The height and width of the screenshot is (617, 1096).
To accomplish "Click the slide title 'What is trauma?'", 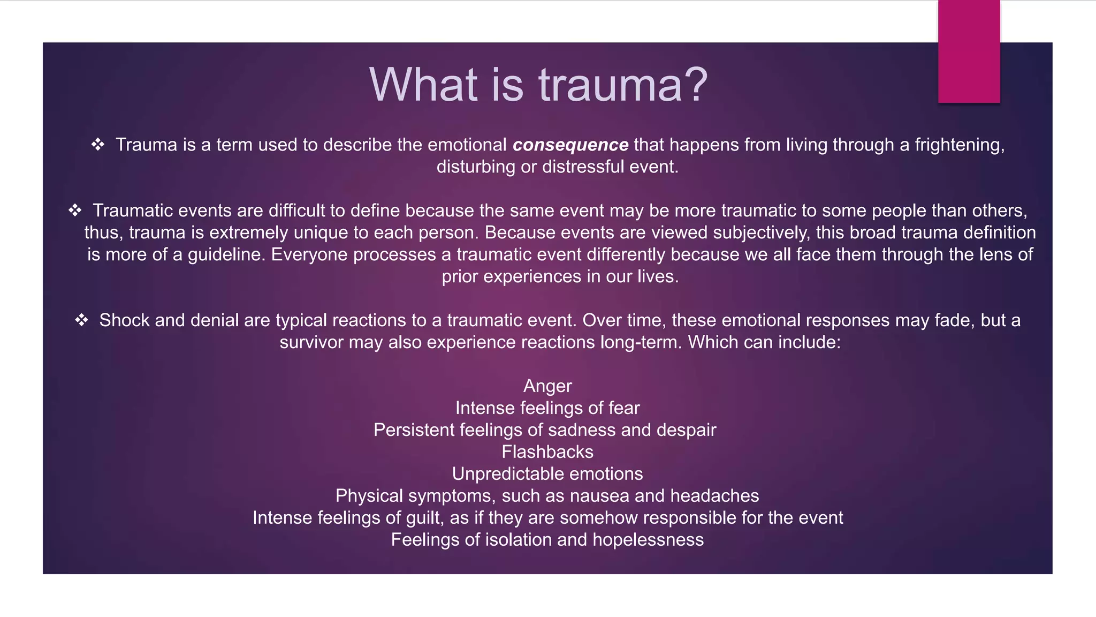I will [538, 85].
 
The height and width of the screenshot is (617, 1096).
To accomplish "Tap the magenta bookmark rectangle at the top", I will [969, 51].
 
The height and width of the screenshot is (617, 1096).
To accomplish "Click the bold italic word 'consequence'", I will [570, 145].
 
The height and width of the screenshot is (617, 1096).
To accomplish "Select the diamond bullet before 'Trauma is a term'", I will [97, 145].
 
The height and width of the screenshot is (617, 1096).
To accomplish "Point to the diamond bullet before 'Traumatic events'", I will [75, 210].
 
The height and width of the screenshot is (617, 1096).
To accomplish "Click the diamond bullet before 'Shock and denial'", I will [81, 320].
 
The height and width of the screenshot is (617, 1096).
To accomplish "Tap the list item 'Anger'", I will [547, 386].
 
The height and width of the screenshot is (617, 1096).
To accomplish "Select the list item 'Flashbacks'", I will [547, 452].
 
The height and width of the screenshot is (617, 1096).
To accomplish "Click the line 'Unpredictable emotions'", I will [547, 474].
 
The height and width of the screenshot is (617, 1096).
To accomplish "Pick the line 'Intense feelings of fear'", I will [547, 408].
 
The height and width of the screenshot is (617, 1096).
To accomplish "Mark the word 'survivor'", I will [311, 342].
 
